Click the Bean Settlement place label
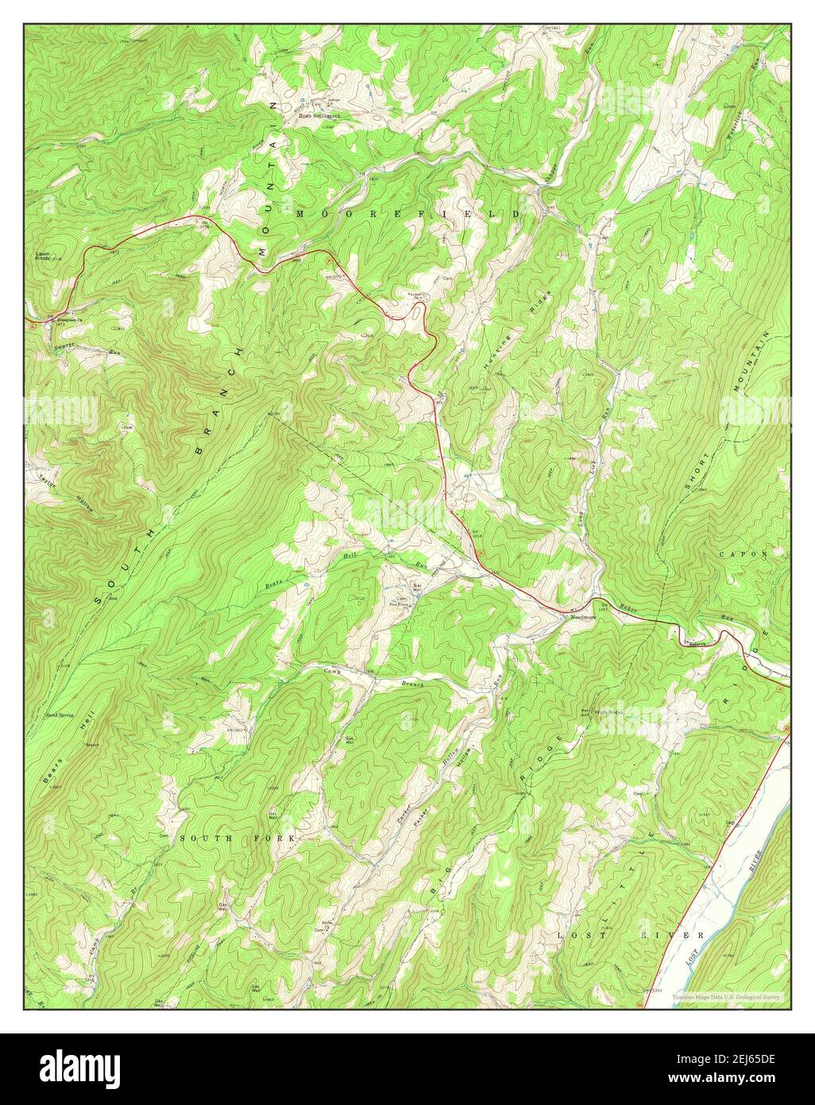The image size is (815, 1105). pyautogui.click(x=319, y=115)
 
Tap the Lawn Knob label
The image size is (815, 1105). pyautogui.click(x=43, y=257)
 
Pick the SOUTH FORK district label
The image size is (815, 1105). pyautogui.click(x=237, y=839)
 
